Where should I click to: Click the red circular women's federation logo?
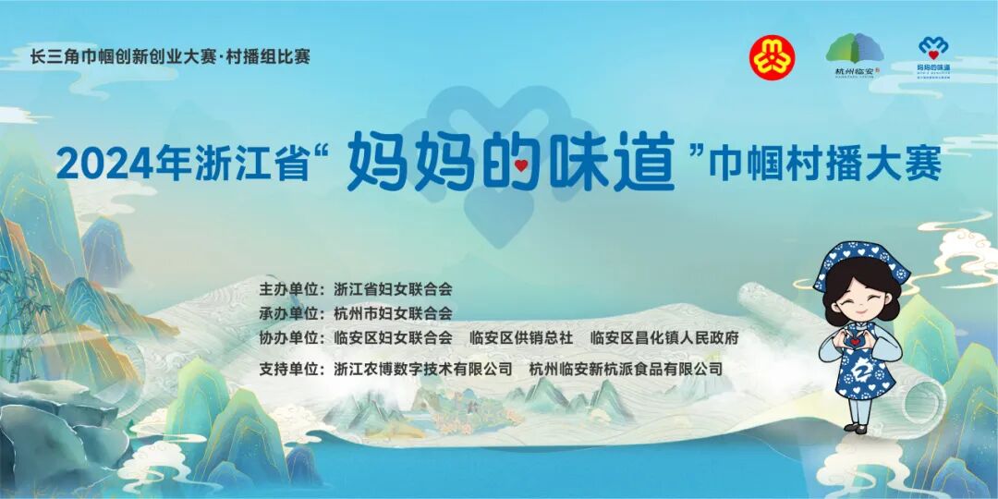point(772,57)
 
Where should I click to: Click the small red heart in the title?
point(521,167)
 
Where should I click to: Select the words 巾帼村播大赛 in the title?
point(825,164)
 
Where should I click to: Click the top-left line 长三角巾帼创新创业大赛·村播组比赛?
point(170,56)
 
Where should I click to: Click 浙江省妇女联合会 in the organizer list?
point(393,290)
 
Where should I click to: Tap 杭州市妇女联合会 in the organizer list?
point(393,313)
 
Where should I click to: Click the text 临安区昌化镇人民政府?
point(664,338)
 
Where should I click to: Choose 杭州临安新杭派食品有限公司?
point(626,369)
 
